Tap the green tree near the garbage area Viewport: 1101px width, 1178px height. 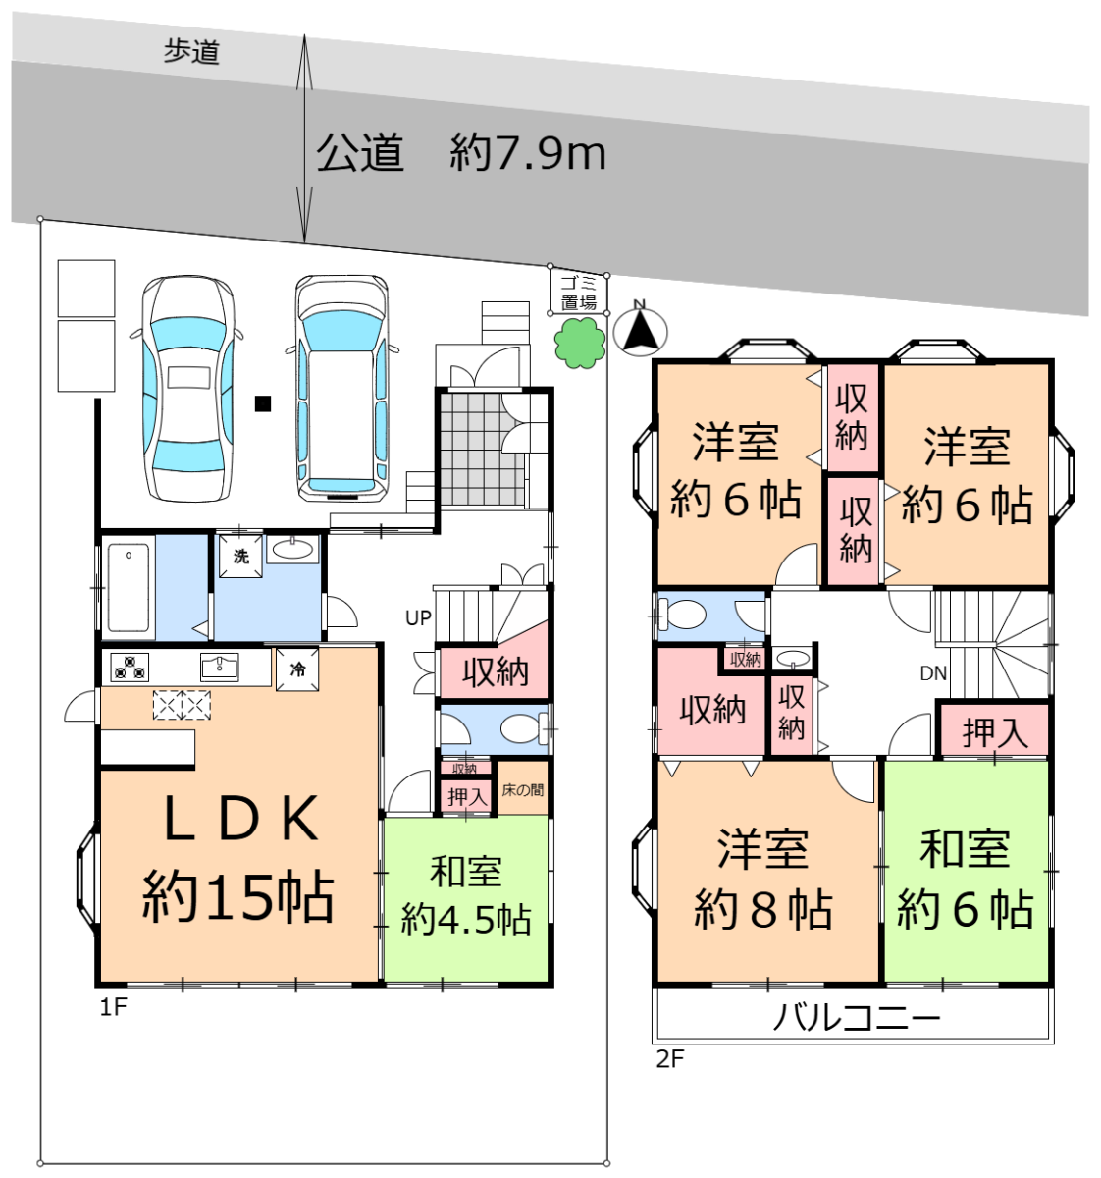580,343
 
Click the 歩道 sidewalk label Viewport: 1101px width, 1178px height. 191,52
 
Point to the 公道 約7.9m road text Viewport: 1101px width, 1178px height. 461,153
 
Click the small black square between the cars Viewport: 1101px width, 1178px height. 263,403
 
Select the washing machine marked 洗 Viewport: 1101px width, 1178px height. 240,556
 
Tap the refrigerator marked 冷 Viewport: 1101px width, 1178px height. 297,669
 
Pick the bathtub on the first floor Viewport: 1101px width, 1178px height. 129,587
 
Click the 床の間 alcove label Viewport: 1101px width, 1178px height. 522,790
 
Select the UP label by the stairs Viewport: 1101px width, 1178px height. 418,618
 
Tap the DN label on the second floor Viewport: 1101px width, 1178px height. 933,673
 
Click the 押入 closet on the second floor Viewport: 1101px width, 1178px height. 995,732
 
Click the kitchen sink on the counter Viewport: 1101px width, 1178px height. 220,668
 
